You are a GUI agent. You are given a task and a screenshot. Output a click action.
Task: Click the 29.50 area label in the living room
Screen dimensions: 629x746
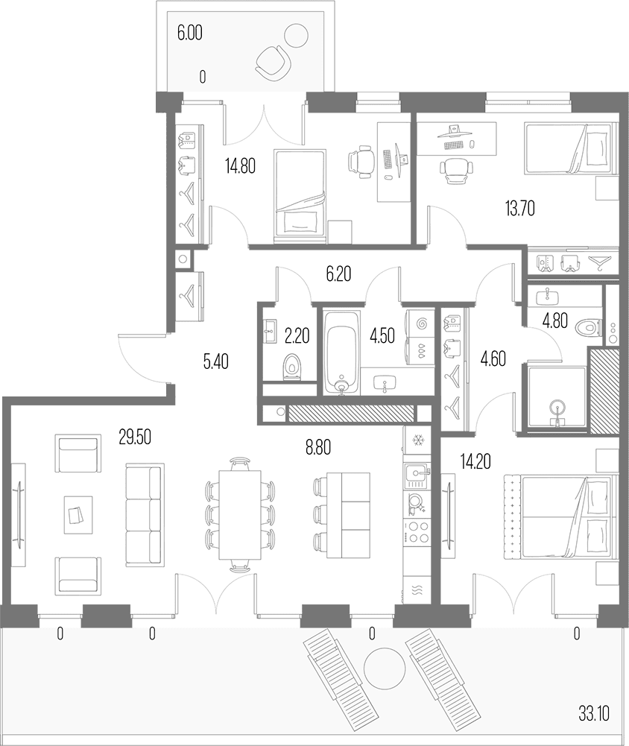(135, 437)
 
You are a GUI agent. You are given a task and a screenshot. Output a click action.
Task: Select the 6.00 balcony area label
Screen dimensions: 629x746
(190, 33)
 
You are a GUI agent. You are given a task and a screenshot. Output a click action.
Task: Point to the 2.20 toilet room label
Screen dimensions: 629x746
(297, 336)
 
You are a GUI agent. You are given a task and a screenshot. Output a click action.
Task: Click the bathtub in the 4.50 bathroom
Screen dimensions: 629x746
(341, 353)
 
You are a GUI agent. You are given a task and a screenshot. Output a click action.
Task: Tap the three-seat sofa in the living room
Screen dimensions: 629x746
(145, 514)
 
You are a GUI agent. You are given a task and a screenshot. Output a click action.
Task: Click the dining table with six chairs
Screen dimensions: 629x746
(240, 515)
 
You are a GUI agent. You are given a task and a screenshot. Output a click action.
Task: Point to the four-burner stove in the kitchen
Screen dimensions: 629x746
(417, 532)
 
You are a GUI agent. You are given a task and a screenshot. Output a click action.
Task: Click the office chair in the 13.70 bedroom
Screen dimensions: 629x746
(457, 170)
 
